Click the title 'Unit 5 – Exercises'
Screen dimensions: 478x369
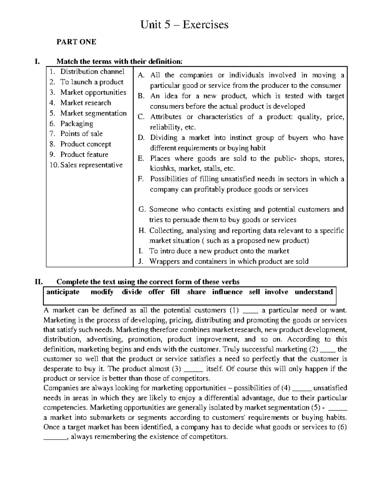[184, 24]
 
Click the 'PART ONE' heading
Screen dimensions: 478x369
[76, 42]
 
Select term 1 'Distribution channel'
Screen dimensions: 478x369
[92, 71]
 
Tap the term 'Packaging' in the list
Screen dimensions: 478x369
[77, 123]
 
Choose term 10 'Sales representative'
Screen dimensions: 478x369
[91, 165]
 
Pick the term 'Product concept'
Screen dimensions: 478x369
[85, 144]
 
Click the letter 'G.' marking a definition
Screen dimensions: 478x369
[142, 209]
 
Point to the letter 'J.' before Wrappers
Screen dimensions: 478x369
[141, 261]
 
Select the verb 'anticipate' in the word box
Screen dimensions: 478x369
[63, 292]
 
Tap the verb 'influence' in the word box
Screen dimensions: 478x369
[227, 292]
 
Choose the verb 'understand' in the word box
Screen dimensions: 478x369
[314, 292]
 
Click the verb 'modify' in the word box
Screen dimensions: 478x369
[102, 292]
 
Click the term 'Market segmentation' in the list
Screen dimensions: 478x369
[93, 113]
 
